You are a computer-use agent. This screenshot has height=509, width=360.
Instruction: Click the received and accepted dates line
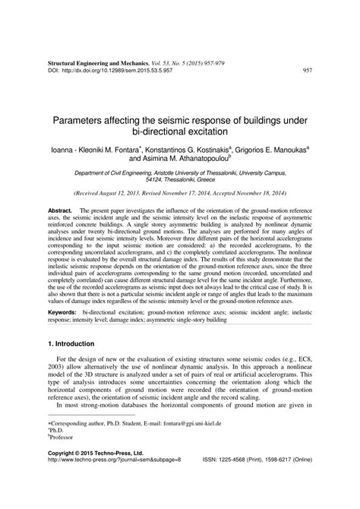tap(179, 194)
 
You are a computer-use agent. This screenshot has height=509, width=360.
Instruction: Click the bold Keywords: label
tap(62, 311)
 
